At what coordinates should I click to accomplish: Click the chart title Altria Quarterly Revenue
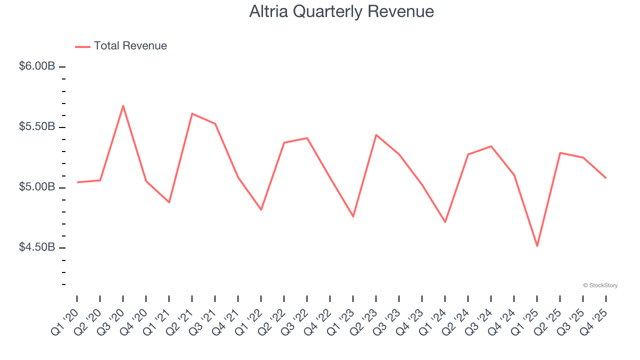[341, 11]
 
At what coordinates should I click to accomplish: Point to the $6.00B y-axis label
[37, 66]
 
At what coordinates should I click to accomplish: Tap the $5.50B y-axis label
[37, 127]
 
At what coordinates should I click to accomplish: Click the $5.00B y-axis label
[37, 187]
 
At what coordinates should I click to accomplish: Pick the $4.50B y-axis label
[37, 248]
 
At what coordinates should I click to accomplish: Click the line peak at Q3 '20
[123, 105]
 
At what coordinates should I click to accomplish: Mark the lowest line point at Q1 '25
[537, 246]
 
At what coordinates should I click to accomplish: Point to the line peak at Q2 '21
[192, 113]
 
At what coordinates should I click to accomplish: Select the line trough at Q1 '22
[261, 209]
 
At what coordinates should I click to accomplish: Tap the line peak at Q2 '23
[376, 135]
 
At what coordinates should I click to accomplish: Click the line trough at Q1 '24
[445, 222]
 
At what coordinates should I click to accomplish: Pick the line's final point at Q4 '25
[606, 178]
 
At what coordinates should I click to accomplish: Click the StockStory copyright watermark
[600, 285]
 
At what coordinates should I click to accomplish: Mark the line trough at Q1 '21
[169, 202]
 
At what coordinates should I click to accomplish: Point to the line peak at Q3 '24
[491, 146]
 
